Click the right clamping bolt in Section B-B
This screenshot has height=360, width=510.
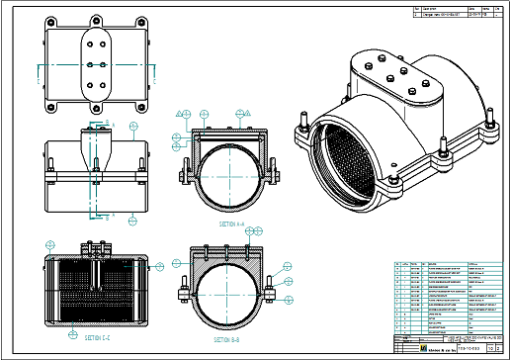tap(270, 290)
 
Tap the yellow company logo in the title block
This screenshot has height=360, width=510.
tap(399, 348)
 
